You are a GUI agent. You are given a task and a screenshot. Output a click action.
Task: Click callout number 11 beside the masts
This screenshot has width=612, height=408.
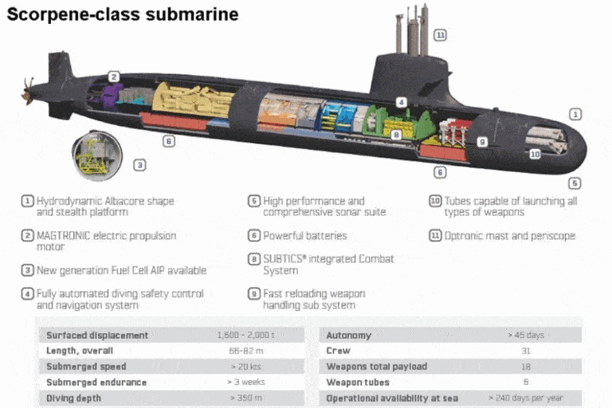[x=440, y=35]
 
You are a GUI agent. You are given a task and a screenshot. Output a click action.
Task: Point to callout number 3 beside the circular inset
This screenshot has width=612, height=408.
[x=139, y=165]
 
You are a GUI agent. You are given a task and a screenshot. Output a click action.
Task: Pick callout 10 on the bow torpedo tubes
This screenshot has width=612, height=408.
[x=535, y=154]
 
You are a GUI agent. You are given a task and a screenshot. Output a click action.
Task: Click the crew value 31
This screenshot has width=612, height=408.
[x=525, y=351]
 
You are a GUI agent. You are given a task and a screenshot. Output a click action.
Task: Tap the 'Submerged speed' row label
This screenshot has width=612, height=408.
[x=86, y=367]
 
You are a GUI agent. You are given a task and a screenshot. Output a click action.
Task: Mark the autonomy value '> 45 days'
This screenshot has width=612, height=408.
[x=525, y=335]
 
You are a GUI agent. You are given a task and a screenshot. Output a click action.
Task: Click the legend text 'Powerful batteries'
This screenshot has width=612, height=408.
[x=305, y=235]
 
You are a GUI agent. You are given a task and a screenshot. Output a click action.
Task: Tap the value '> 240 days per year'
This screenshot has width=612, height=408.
[x=525, y=398]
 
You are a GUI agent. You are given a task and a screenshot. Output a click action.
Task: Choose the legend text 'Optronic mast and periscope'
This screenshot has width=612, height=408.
[x=509, y=235]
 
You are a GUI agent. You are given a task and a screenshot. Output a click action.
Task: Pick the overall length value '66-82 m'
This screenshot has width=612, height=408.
[x=247, y=351]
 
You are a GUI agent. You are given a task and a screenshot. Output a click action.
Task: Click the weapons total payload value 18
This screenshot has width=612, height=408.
[x=525, y=367]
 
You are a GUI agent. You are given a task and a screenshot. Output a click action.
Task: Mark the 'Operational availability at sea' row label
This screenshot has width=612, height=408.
[x=392, y=398]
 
